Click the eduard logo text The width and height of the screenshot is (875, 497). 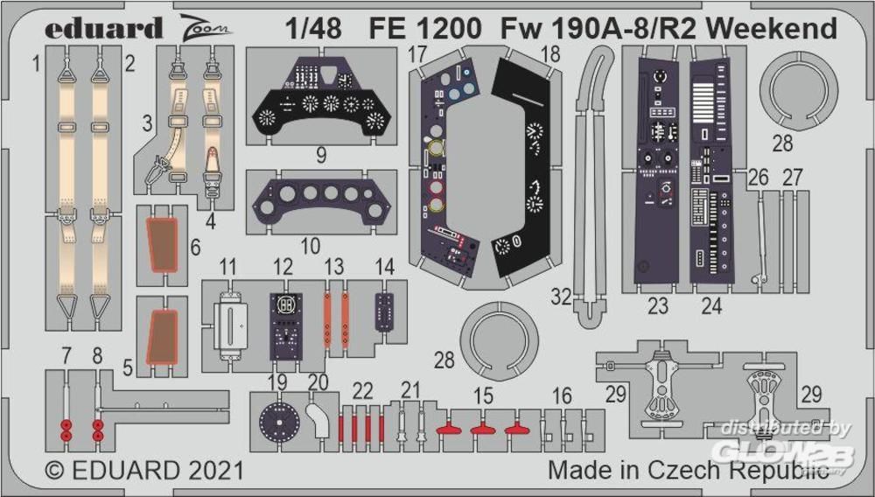point(104,28)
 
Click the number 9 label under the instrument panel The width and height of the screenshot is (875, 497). point(321,157)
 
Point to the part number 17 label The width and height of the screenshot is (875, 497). point(416,54)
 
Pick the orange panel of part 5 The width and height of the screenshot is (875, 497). point(162,337)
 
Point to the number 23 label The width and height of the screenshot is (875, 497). point(658,305)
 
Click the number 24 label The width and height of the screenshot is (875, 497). point(711,305)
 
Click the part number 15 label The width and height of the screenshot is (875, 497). point(483,395)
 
